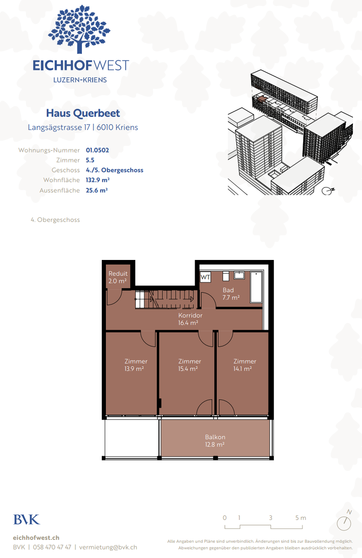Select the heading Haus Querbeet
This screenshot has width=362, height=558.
pos(83,113)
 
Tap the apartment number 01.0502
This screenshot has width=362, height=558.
pos(97,150)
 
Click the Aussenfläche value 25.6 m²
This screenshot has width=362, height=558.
pos(96,191)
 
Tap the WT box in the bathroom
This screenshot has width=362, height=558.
pos(205,277)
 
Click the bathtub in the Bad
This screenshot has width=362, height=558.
pos(256,287)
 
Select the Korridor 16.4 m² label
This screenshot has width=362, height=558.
pos(190,319)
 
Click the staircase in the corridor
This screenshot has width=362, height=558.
pos(165,299)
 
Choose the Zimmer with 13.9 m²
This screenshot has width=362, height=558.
pos(136,365)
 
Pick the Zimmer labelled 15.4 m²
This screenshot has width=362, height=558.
pos(189,365)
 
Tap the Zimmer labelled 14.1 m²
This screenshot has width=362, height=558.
pos(244,365)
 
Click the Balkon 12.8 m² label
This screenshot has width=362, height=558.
pos(215,441)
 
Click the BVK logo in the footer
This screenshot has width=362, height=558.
pos(27,520)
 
